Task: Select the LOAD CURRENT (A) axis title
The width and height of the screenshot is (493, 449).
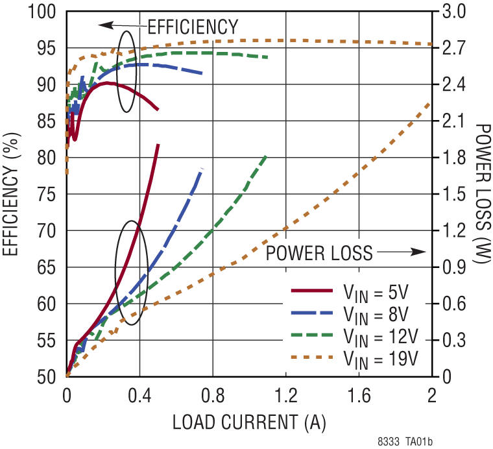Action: click(249, 422)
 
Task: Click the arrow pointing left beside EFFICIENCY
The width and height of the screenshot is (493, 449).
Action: click(121, 25)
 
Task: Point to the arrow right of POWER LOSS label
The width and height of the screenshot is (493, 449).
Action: click(401, 252)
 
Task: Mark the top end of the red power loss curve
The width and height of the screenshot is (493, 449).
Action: click(158, 145)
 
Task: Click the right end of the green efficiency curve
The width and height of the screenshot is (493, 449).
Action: click(267, 57)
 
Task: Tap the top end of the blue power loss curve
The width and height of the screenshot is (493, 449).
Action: click(203, 168)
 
